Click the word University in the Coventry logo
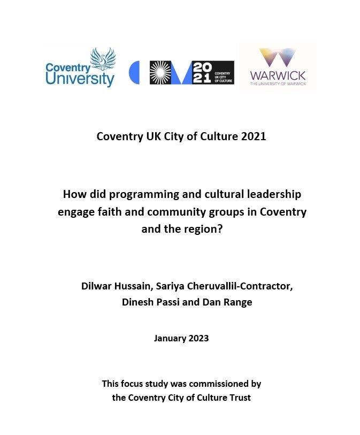coord(80,79)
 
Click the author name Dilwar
coord(97,286)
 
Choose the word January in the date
coord(170,338)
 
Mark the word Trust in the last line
coord(240,398)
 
